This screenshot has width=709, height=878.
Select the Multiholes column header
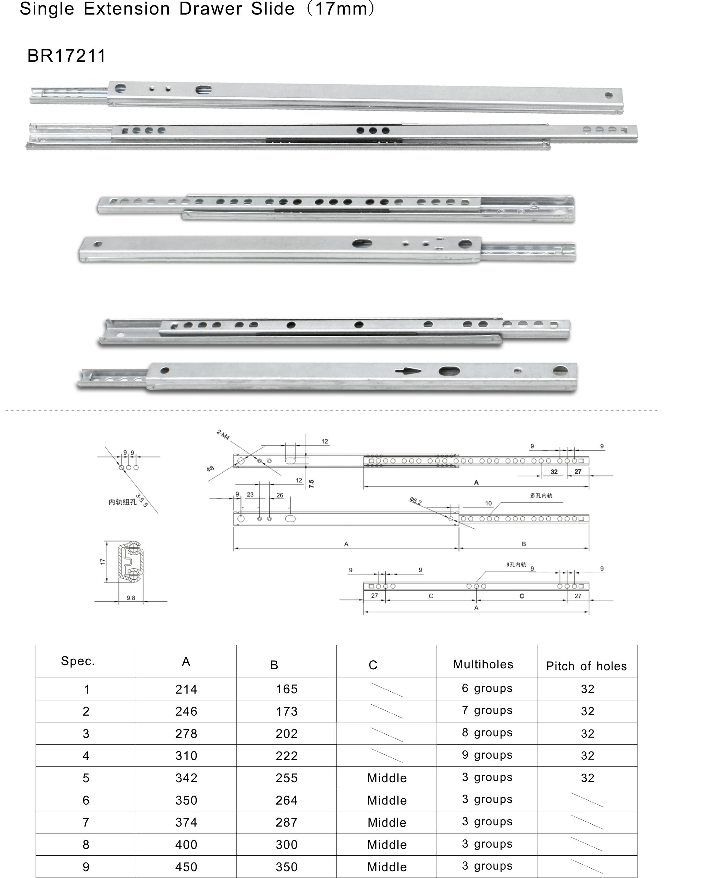coord(483,664)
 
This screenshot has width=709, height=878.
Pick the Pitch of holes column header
coord(586,666)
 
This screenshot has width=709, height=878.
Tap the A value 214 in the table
coord(186,689)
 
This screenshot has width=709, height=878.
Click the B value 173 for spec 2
coord(286,711)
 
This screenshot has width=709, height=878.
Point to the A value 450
coord(186,867)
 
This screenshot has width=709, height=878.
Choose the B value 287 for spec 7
coord(286,822)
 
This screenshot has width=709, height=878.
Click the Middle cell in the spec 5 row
coord(387,778)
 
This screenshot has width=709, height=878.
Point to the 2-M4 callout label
coord(223,435)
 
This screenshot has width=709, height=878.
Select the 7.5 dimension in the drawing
coord(311,484)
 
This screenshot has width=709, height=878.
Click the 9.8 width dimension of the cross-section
coord(131,598)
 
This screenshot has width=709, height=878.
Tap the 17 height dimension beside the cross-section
coord(103,562)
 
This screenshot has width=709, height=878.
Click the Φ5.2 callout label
coord(415,501)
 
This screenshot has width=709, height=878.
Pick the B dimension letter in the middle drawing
coord(524,544)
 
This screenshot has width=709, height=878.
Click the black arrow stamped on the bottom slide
coord(408,371)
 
